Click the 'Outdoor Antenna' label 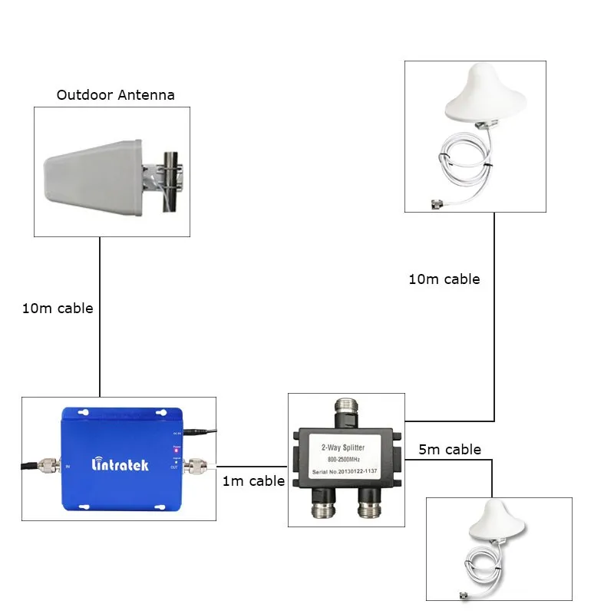[115, 95]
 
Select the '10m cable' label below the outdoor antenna [58, 309]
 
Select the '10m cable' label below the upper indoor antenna [444, 279]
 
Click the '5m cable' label [451, 449]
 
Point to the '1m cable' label [253, 481]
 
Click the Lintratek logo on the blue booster [120, 464]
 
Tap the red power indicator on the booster [177, 451]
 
